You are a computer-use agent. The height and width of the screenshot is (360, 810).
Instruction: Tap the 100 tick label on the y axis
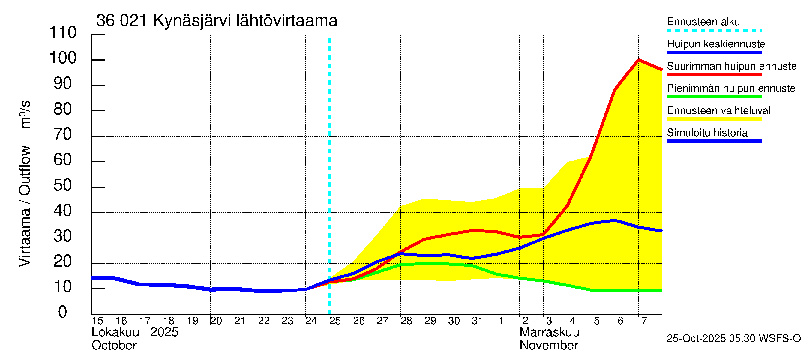63,58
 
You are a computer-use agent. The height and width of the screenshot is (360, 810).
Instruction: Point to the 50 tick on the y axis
63,185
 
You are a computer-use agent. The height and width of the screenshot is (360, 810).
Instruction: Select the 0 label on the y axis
63,313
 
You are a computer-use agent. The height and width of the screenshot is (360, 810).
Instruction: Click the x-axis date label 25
335,321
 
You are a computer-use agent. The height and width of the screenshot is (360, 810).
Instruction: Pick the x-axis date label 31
477,321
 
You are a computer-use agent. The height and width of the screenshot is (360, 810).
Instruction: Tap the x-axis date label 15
97,321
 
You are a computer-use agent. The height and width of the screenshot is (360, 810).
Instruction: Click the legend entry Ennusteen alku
703,22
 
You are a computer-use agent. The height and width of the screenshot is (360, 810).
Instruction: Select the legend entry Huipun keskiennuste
716,44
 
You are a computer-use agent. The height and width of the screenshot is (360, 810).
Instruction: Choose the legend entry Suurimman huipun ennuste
731,66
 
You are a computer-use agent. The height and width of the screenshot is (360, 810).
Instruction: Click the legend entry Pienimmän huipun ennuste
731,88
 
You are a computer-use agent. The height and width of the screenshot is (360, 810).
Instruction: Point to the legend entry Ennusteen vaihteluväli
719,111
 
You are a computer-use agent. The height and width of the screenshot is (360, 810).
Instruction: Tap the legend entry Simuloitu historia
707,133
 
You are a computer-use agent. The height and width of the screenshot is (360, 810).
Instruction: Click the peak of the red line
638,60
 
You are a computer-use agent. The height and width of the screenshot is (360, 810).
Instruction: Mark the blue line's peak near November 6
614,220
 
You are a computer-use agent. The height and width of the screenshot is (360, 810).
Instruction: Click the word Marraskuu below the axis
549,332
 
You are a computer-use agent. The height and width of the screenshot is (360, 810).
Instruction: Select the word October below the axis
114,346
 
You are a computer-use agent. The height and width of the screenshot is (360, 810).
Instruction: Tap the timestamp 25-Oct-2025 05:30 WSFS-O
733,339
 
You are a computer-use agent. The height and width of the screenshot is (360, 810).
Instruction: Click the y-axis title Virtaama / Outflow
25,206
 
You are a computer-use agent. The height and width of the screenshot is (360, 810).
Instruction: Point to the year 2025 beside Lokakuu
164,332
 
